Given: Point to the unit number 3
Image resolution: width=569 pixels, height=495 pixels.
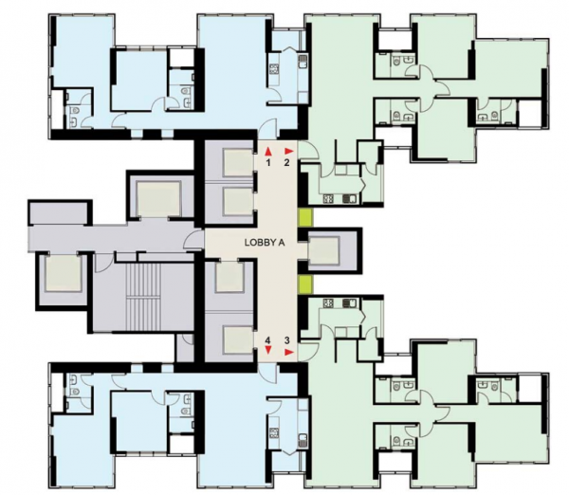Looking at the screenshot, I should point(286,339).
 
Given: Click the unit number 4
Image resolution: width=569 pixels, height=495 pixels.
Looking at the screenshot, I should point(268,339).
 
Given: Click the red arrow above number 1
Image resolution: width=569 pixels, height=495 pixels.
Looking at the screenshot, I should point(268,151).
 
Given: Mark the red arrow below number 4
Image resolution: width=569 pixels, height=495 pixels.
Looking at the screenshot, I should point(268,351).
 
